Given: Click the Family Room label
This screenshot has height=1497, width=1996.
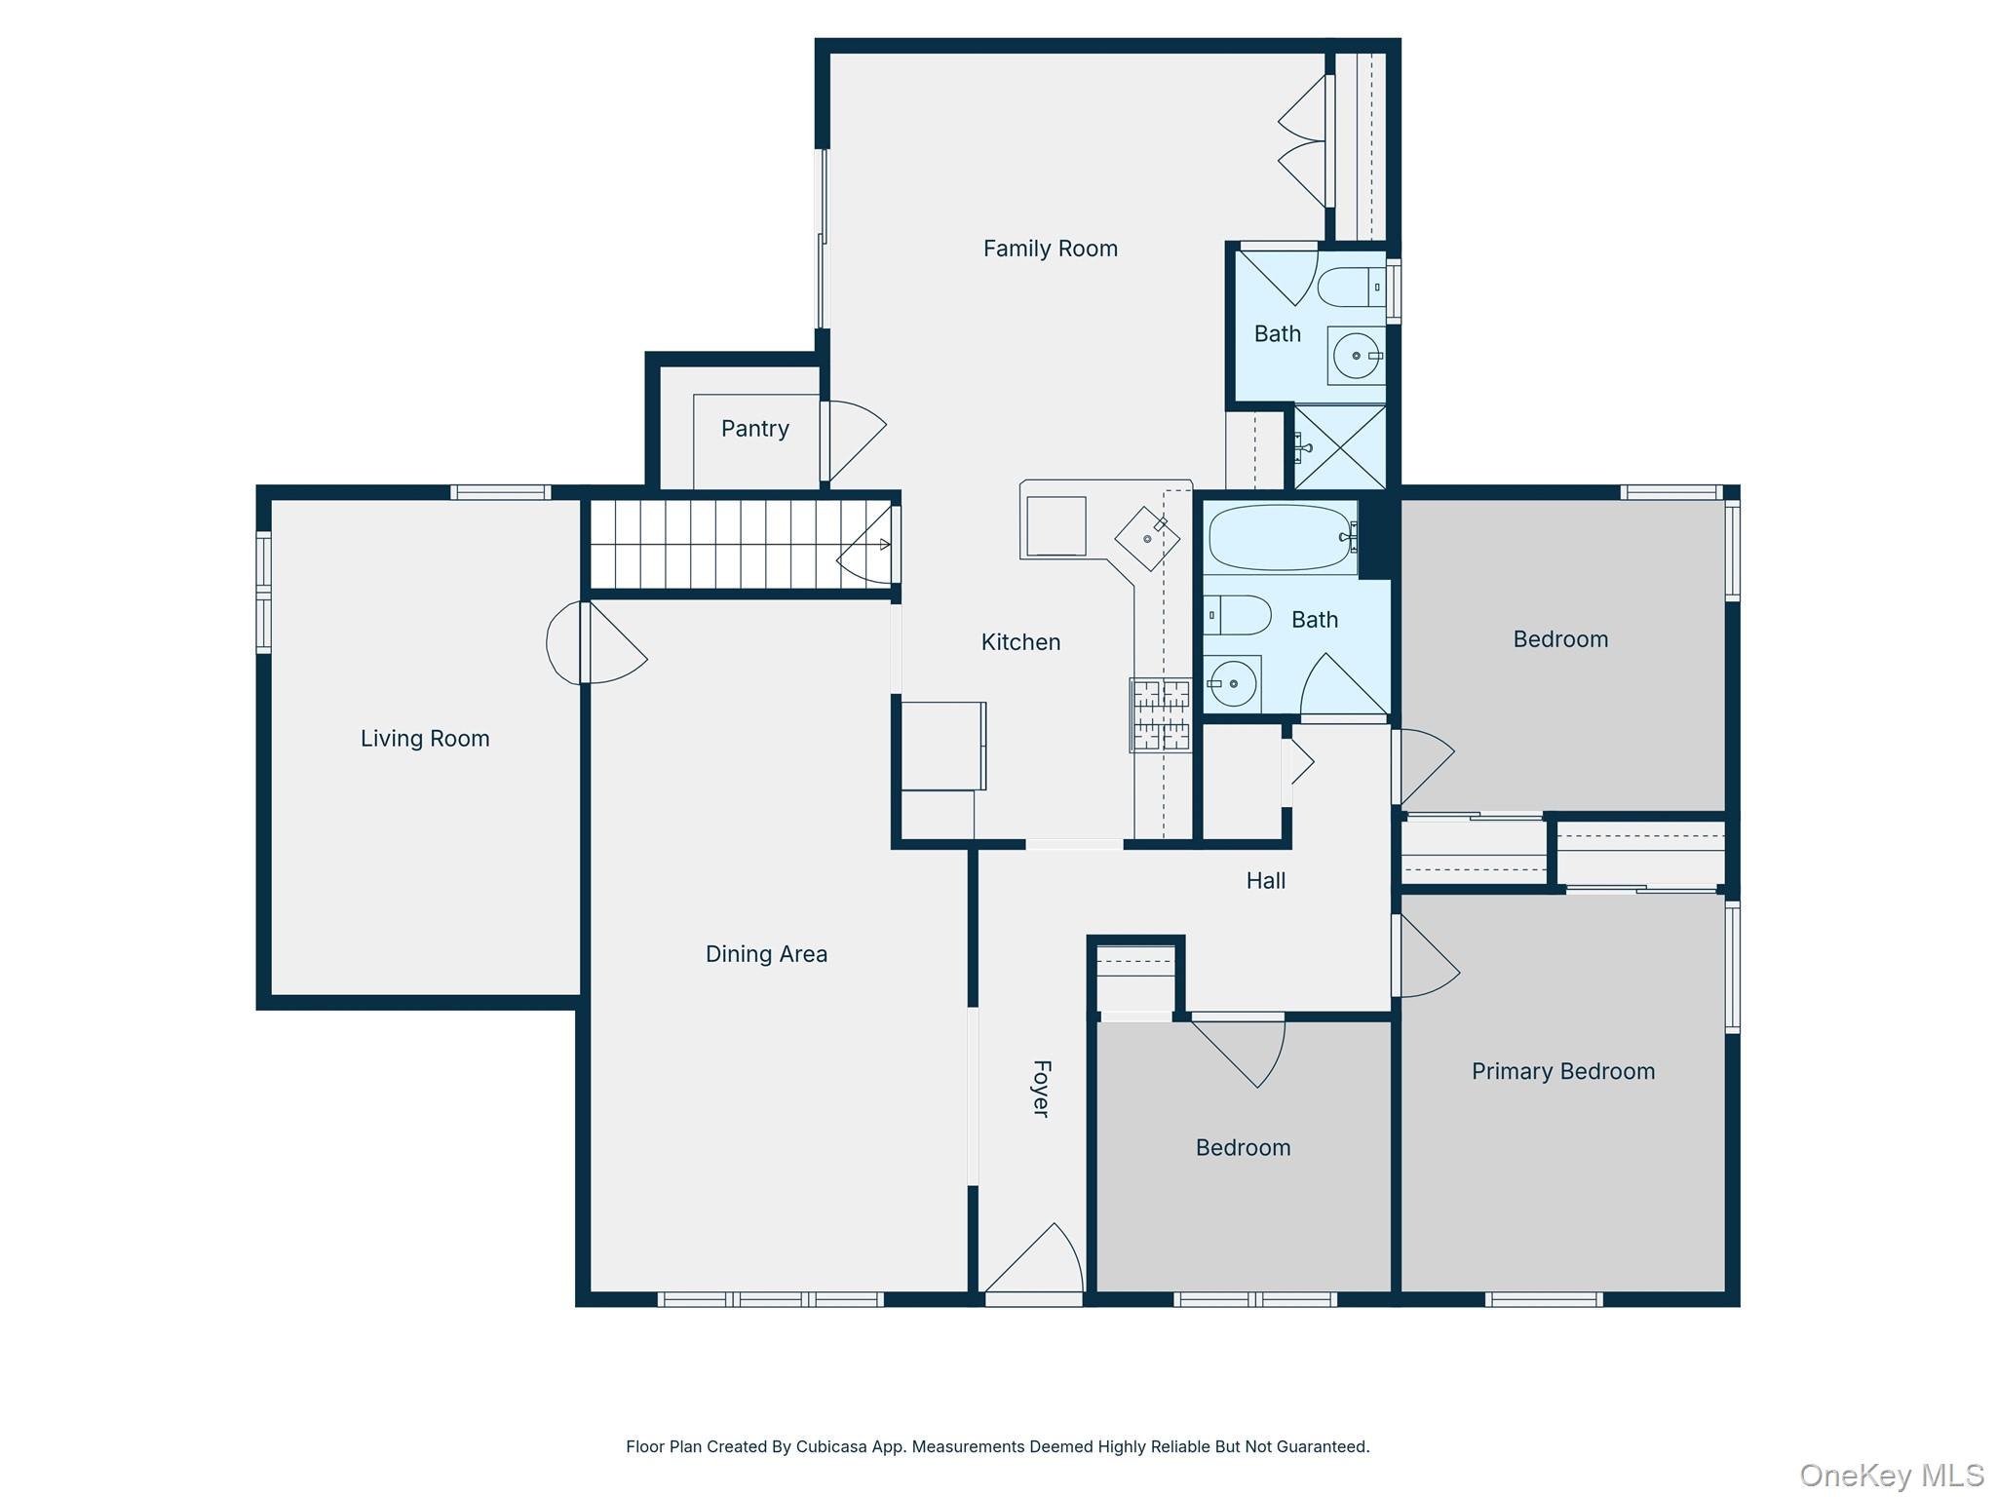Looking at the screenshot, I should click(1050, 249).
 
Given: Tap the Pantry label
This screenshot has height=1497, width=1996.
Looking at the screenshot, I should click(754, 429).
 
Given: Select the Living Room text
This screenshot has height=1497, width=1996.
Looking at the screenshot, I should click(425, 739).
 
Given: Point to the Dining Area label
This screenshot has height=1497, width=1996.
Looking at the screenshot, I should click(766, 954).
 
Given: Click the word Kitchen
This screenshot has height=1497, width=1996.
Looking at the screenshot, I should click(1020, 642).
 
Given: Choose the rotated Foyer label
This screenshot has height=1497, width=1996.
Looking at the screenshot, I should click(1041, 1089).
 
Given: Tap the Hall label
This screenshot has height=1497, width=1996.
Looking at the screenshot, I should click(1265, 881).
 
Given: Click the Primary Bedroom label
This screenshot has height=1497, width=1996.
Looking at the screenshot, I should click(1562, 1072).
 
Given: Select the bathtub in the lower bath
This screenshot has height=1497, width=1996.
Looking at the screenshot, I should click(1280, 537).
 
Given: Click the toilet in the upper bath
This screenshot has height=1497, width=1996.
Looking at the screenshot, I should click(1351, 288).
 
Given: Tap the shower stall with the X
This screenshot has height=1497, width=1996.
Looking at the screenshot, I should click(1340, 447).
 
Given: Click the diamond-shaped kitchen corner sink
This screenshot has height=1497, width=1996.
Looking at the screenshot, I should click(1147, 538).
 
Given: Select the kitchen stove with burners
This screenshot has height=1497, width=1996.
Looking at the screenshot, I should click(1160, 714).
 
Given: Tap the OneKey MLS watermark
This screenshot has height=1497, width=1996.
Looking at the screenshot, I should click(1891, 1476).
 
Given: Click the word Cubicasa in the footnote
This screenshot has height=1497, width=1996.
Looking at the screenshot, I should click(832, 1446).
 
